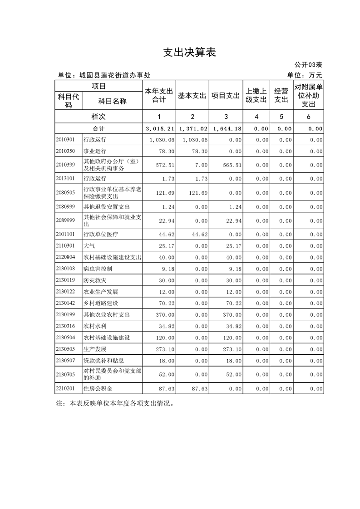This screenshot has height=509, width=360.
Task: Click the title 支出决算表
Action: [189, 53]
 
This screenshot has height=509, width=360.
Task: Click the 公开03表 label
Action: [308, 65]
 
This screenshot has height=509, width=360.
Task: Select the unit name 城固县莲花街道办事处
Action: [115, 75]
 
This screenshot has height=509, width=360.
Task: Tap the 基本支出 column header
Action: [192, 96]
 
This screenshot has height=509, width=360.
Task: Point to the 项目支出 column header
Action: [226, 96]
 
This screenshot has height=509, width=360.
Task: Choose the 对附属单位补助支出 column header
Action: [308, 96]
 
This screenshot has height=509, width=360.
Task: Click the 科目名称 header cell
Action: [112, 101]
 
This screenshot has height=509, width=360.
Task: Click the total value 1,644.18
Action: [226, 129]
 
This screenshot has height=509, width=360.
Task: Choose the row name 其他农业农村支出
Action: [106, 314]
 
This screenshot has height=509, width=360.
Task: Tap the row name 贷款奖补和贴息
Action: [103, 361]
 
